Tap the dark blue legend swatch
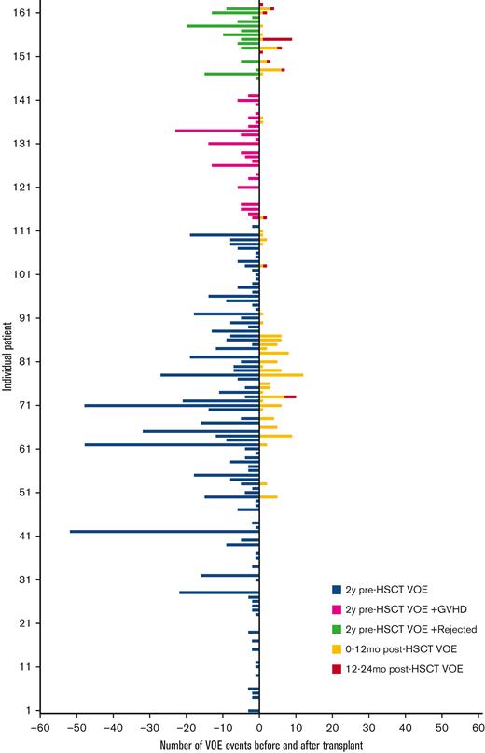(336, 589)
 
